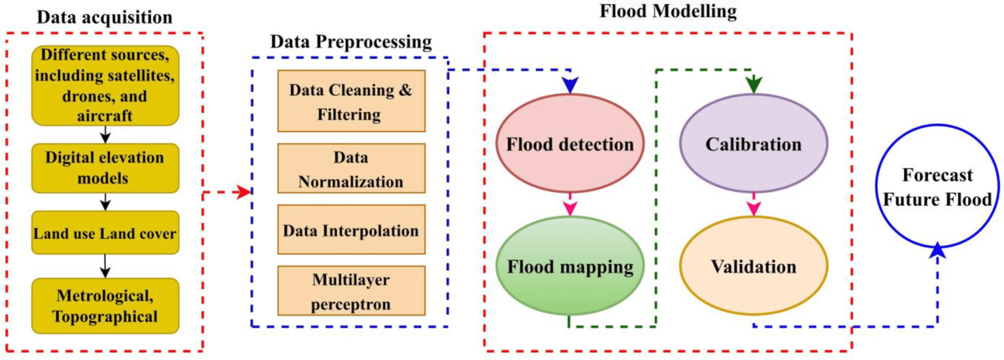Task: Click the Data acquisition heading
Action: (105, 18)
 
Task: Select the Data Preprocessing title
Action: (351, 42)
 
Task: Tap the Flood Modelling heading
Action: (668, 11)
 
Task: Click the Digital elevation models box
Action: (105, 168)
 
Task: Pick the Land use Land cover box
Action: (105, 233)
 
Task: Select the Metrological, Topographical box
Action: (105, 306)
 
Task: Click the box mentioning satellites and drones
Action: (105, 85)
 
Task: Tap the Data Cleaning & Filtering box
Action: (352, 101)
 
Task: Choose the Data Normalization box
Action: (352, 169)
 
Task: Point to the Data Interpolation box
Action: (352, 230)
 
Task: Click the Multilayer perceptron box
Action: (352, 291)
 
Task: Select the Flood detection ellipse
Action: (570, 144)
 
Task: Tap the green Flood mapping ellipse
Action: (570, 266)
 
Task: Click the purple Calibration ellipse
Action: (754, 144)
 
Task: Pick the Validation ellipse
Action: (754, 266)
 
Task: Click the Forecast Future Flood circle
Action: (938, 186)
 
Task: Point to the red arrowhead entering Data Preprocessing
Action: (244, 193)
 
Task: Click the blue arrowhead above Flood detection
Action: (570, 85)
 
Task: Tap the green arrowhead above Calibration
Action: (754, 85)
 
